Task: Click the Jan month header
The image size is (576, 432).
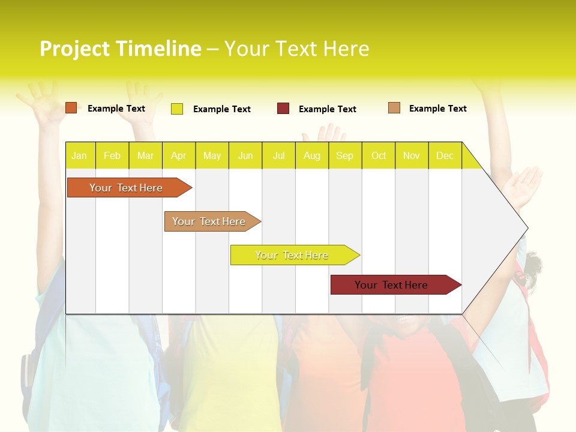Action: pyautogui.click(x=79, y=156)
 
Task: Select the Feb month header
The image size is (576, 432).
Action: pyautogui.click(x=112, y=156)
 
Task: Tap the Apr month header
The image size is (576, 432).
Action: pyautogui.click(x=178, y=156)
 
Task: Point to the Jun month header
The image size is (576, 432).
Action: pyautogui.click(x=245, y=156)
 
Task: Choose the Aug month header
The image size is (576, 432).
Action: pyautogui.click(x=311, y=156)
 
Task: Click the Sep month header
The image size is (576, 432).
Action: pyautogui.click(x=344, y=156)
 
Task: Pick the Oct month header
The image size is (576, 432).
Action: pyautogui.click(x=379, y=156)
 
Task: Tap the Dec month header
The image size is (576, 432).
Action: pyautogui.click(x=445, y=156)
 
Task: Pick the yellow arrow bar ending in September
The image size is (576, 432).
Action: pyautogui.click(x=292, y=255)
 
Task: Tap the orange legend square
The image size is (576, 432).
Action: pyautogui.click(x=71, y=108)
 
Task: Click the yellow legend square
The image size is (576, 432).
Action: pyautogui.click(x=177, y=109)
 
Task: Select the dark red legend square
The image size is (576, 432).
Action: pyautogui.click(x=283, y=108)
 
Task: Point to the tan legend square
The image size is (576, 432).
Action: pyautogui.click(x=394, y=108)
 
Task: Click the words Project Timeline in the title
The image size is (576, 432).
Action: pyautogui.click(x=121, y=49)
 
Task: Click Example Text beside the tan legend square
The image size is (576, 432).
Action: pyautogui.click(x=437, y=109)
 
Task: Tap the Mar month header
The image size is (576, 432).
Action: pyautogui.click(x=145, y=156)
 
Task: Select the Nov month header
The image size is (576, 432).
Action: pyautogui.click(x=412, y=156)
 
